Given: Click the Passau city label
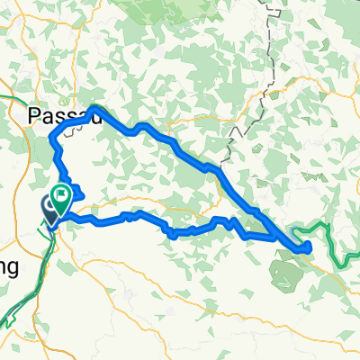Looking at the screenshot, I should point(54,115).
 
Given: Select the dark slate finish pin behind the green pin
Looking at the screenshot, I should point(49,208).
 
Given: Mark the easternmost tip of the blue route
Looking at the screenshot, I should point(310,245).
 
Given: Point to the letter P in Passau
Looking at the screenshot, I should point(34,115).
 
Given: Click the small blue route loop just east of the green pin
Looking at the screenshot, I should point(76,191).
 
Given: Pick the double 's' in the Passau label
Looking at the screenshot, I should point(62,115).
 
